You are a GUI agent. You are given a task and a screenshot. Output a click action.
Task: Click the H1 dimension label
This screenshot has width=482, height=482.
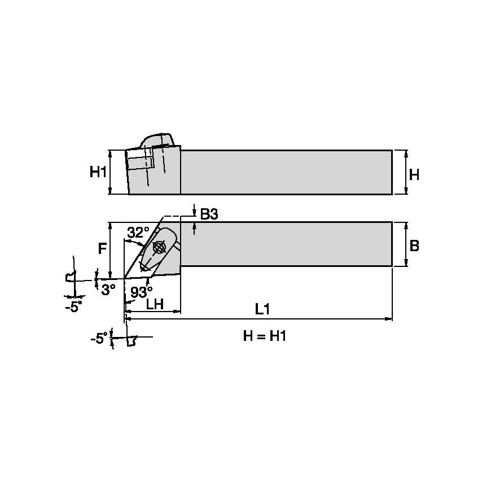point(98,172)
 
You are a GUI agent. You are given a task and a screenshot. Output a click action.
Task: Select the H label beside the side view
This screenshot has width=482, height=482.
point(414,175)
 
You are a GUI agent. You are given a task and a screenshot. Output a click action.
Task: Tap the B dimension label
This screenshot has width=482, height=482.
point(414,246)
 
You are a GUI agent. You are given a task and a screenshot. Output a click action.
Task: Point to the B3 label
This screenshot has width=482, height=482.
point(209,214)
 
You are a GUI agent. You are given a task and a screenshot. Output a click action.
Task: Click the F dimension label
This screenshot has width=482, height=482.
point(102,248)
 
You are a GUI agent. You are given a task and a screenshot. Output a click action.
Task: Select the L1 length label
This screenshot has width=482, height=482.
point(261,309)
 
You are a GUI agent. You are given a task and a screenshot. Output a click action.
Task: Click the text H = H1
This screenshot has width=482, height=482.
point(265,336)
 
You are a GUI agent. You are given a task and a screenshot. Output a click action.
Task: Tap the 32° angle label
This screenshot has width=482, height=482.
point(138,233)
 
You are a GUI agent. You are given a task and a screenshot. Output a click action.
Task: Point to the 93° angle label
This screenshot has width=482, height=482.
point(141,292)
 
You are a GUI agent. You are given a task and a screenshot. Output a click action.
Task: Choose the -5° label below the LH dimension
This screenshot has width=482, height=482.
point(98,338)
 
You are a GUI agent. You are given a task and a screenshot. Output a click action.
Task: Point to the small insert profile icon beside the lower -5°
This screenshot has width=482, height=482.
point(133,340)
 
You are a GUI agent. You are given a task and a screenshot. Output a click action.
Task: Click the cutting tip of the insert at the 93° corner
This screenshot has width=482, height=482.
point(124,278)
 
